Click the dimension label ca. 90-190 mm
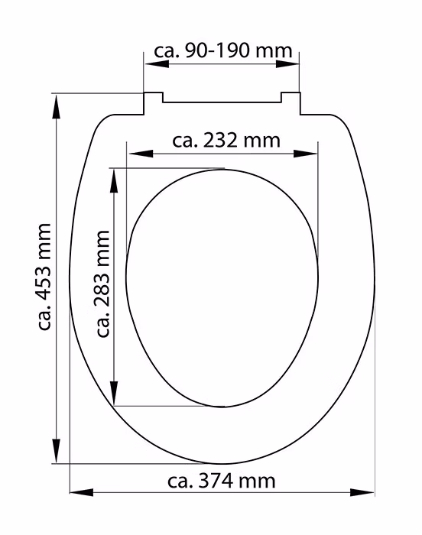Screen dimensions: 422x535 coord(223,51)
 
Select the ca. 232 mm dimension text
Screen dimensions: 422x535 coord(226,141)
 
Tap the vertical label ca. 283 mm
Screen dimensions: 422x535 coord(103,284)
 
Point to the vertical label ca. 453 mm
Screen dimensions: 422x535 coord(45,277)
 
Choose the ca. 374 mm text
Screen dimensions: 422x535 coord(221,481)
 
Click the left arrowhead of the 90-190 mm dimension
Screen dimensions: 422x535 coord(157,64)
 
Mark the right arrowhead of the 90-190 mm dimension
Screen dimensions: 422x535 coord(287,64)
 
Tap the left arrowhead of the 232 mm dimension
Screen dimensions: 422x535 coord(141,154)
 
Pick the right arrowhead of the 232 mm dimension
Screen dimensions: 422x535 coord(305,154)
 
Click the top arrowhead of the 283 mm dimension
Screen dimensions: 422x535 coord(114,181)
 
